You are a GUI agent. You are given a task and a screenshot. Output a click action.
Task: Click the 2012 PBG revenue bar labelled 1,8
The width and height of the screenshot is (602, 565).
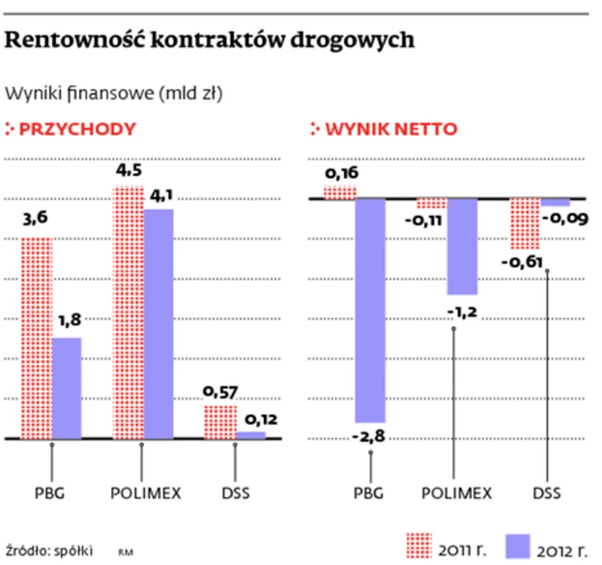pyautogui.click(x=67, y=388)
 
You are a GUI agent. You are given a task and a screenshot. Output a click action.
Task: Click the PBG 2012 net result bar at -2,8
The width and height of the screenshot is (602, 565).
pyautogui.click(x=370, y=310)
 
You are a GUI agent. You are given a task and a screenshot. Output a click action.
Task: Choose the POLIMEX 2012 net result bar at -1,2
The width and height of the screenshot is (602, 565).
pyautogui.click(x=461, y=247)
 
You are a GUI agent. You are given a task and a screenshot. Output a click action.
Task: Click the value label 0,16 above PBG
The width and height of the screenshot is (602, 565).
pyautogui.click(x=340, y=174)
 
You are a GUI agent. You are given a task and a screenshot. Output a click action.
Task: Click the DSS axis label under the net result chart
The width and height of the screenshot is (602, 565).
pyautogui.click(x=547, y=493)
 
